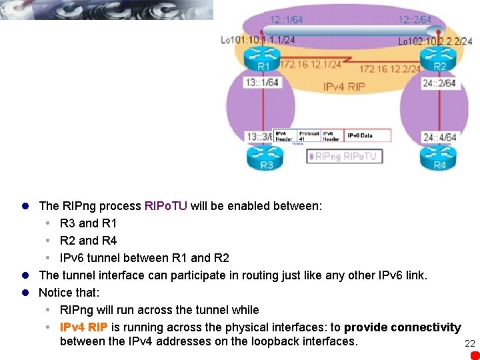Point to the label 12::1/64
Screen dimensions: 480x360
pyautogui.click(x=287, y=20)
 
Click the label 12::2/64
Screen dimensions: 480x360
pyautogui.click(x=415, y=20)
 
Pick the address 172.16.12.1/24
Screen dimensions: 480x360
pyautogui.click(x=310, y=65)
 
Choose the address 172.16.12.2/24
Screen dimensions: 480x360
pyautogui.click(x=390, y=69)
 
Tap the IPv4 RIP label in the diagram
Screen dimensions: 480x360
pyautogui.click(x=344, y=87)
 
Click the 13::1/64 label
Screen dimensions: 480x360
pyautogui.click(x=262, y=83)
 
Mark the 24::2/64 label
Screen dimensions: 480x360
pyautogui.click(x=439, y=83)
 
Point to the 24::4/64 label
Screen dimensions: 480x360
pyautogui.click(x=439, y=138)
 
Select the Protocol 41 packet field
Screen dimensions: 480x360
pyautogui.click(x=309, y=135)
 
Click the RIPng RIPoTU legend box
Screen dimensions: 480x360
pyautogui.click(x=344, y=157)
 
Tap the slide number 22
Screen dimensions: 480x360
pyautogui.click(x=469, y=343)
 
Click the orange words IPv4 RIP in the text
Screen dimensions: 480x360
pyautogui.click(x=84, y=327)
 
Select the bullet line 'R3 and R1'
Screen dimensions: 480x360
pyautogui.click(x=88, y=223)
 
